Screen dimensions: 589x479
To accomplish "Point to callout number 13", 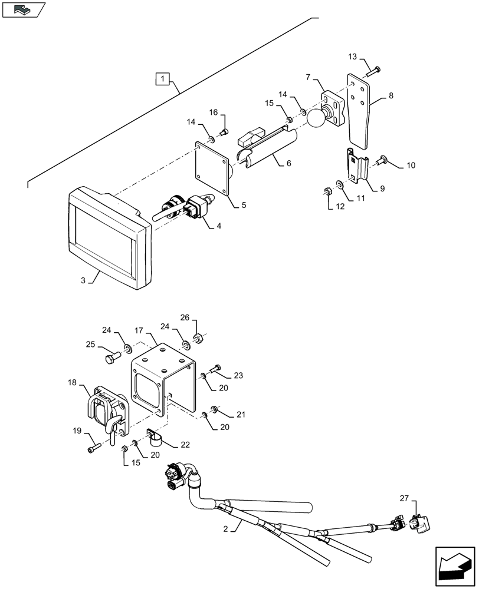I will [x=352, y=57].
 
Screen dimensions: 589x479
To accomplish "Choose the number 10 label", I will [x=411, y=166].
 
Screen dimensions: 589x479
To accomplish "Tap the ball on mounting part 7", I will [x=316, y=118].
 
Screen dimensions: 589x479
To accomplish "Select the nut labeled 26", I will [x=199, y=339].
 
